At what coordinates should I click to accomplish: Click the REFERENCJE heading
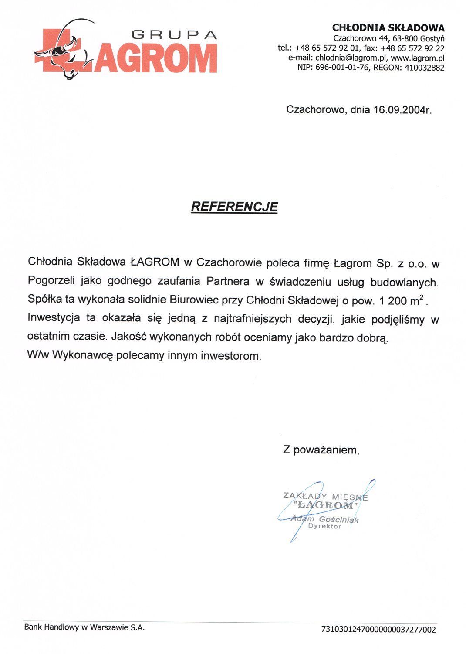click(234, 207)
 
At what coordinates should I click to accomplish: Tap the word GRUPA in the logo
click(174, 35)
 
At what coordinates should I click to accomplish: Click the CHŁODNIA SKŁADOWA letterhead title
click(388, 28)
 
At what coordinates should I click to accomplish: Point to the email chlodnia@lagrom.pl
click(351, 58)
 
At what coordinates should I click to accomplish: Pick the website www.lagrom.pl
click(418, 58)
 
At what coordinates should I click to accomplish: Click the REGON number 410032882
click(424, 68)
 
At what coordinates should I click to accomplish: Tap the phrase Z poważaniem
click(321, 450)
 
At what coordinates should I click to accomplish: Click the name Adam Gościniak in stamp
click(325, 519)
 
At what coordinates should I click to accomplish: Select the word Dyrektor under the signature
click(325, 526)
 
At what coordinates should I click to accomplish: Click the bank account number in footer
click(378, 630)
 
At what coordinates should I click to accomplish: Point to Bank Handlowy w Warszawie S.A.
click(84, 627)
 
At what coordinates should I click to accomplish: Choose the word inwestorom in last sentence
click(231, 356)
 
